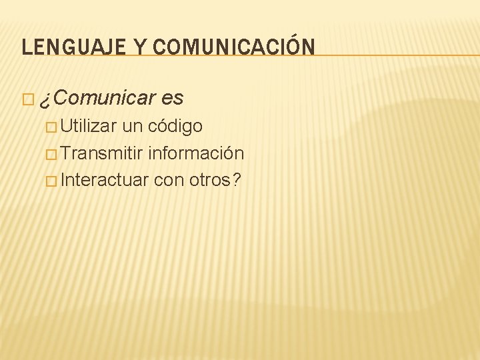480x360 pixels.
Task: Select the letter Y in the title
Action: point(141,47)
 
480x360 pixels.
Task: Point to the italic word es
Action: point(171,99)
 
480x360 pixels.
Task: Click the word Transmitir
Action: point(103,153)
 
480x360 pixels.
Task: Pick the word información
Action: point(196,153)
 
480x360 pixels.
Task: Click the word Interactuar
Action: point(104,180)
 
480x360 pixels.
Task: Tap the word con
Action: point(167,181)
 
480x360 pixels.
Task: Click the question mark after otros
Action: point(237,180)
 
